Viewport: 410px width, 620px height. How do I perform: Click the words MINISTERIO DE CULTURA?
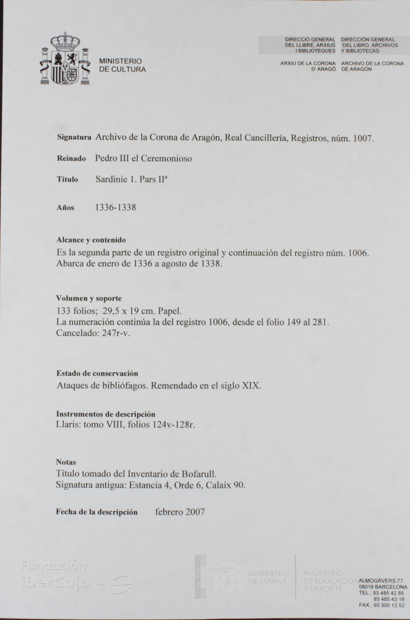[x=122, y=65]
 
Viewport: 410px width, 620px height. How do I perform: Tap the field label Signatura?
[x=74, y=138]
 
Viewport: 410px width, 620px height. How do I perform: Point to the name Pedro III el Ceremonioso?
[x=143, y=159]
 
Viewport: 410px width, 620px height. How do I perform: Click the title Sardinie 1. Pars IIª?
[x=132, y=179]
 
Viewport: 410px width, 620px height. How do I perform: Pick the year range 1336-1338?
[x=115, y=207]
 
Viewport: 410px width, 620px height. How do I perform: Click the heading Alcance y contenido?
[x=91, y=240]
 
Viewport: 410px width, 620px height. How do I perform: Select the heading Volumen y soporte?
[x=89, y=299]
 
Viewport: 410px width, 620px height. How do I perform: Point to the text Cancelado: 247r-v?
[x=93, y=333]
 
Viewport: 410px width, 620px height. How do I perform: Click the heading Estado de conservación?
[x=97, y=373]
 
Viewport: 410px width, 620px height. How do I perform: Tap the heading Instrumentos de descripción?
[x=106, y=414]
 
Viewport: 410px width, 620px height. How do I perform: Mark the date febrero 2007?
[x=180, y=512]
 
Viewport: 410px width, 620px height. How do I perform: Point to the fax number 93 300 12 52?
[x=389, y=605]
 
